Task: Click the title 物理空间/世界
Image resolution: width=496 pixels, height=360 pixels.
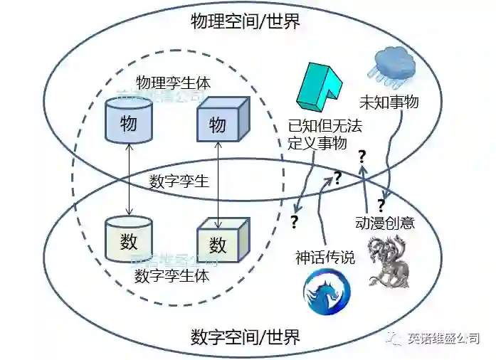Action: (246, 21)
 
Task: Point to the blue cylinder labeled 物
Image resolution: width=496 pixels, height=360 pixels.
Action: (129, 121)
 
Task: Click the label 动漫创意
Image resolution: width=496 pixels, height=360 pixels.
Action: (384, 222)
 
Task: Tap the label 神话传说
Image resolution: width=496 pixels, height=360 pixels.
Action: (325, 257)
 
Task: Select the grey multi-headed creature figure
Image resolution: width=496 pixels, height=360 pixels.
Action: (389, 263)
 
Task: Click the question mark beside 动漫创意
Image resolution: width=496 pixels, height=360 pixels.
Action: (381, 206)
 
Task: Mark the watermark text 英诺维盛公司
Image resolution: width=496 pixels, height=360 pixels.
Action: (443, 338)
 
